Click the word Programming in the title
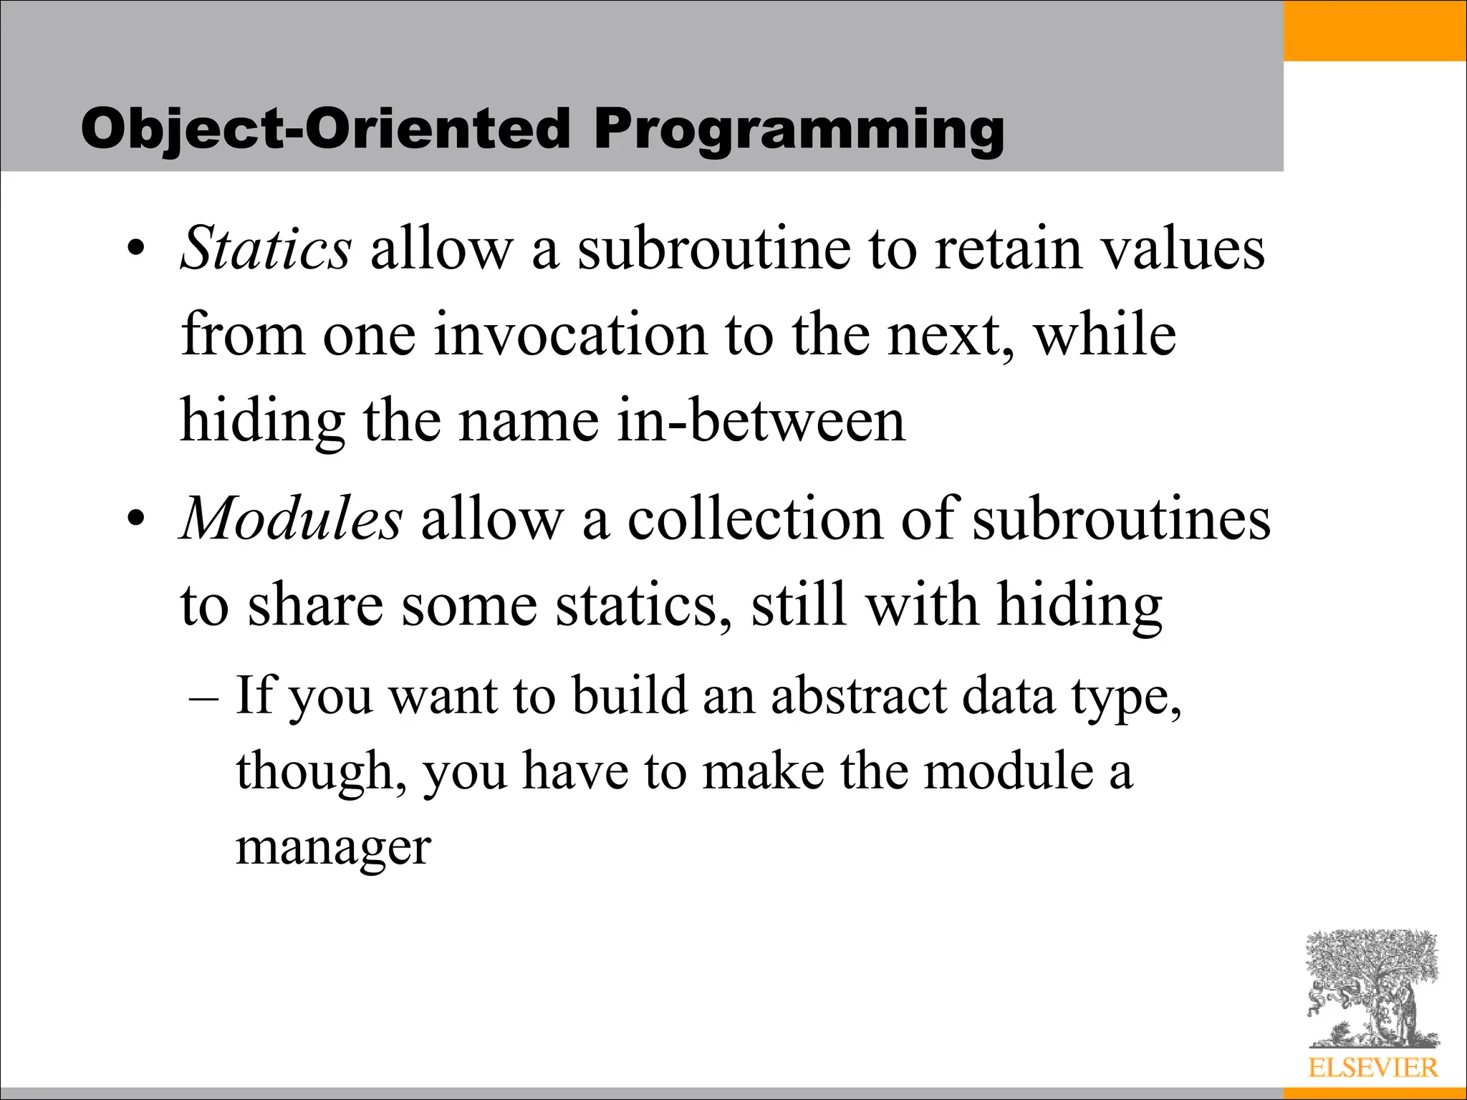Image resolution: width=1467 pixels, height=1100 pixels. [x=798, y=130]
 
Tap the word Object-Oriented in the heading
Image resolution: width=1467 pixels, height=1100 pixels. [x=325, y=130]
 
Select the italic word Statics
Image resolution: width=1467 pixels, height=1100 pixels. [x=266, y=249]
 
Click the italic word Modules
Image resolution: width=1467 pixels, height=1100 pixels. [x=291, y=518]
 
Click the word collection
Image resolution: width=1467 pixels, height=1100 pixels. [x=755, y=518]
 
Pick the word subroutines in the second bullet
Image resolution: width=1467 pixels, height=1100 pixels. [x=1121, y=518]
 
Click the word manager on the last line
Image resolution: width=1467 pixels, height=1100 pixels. [x=333, y=848]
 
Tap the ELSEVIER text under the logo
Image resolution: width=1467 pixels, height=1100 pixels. [x=1372, y=1068]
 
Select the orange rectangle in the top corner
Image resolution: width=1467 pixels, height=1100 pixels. [x=1375, y=30]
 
